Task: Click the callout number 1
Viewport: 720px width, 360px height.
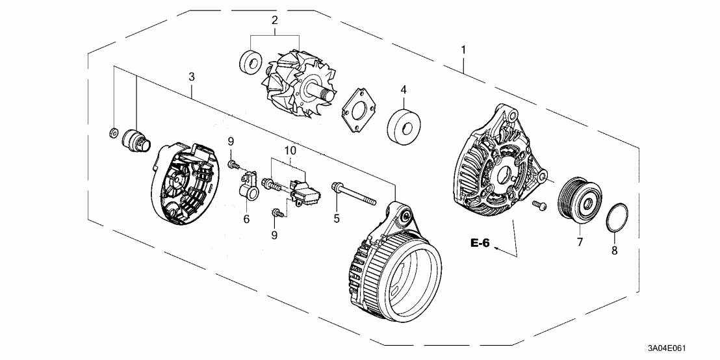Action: tap(463, 50)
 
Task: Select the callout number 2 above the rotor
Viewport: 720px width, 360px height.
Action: tap(274, 21)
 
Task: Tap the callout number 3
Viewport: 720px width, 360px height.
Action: tap(192, 77)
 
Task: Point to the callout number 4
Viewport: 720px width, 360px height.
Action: tap(403, 89)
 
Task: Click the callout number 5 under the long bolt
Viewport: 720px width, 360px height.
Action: tap(337, 219)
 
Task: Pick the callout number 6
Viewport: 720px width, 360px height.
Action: tap(246, 219)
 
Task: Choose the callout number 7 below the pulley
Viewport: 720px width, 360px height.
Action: tap(579, 242)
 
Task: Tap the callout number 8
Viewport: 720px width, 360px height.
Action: tap(615, 250)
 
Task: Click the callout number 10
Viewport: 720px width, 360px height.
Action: tap(290, 150)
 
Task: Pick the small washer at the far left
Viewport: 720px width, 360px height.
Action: tap(112, 134)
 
